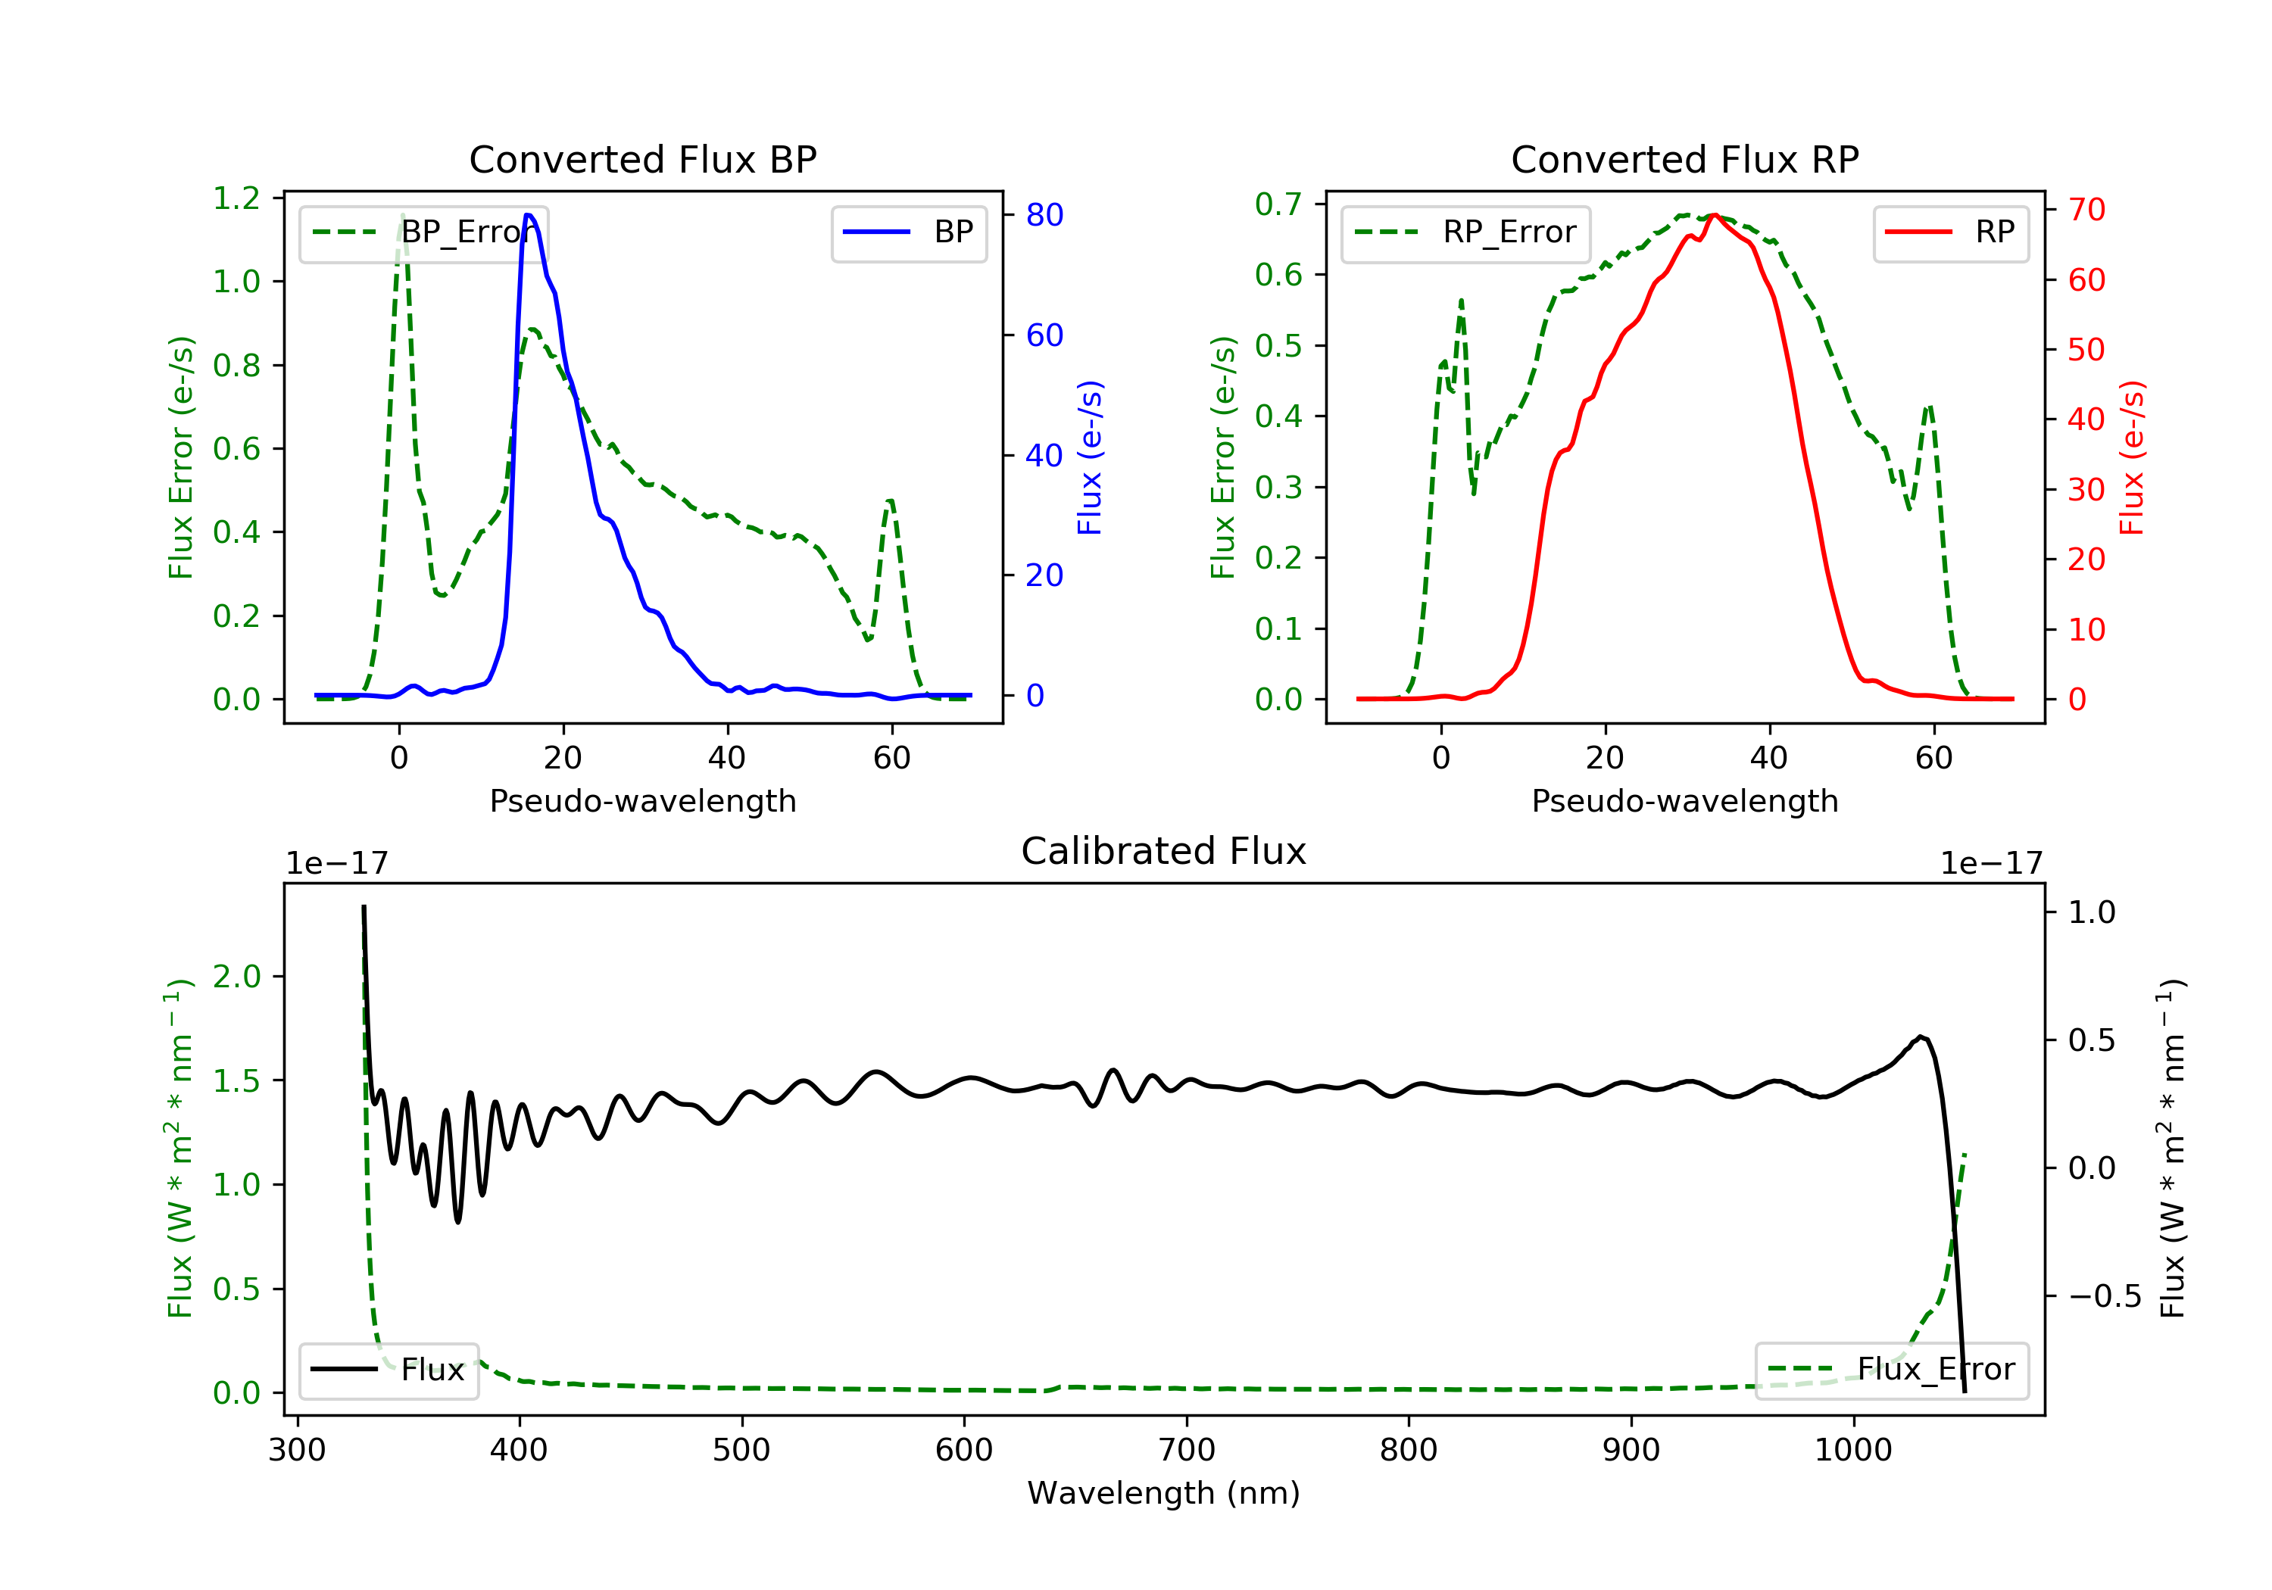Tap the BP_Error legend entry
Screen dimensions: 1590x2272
tap(423, 232)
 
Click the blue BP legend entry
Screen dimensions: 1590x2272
tap(908, 232)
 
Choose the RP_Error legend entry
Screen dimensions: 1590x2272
tap(1465, 232)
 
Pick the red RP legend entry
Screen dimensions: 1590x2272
tap(1950, 232)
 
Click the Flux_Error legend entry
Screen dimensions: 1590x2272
tap(1891, 1370)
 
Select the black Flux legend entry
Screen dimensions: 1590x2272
tap(389, 1370)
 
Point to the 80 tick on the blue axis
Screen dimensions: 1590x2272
tap(1044, 215)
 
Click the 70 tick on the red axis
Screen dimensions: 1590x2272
tap(2086, 210)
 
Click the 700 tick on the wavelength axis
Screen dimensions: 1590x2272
tap(1187, 1451)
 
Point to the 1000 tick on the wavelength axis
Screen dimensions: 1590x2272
tap(1852, 1451)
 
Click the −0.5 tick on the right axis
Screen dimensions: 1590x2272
tap(2104, 1296)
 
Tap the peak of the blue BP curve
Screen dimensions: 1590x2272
tap(529, 215)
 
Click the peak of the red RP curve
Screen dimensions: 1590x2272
tap(1714, 215)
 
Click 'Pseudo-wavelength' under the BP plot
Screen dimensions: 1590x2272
tap(642, 801)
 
